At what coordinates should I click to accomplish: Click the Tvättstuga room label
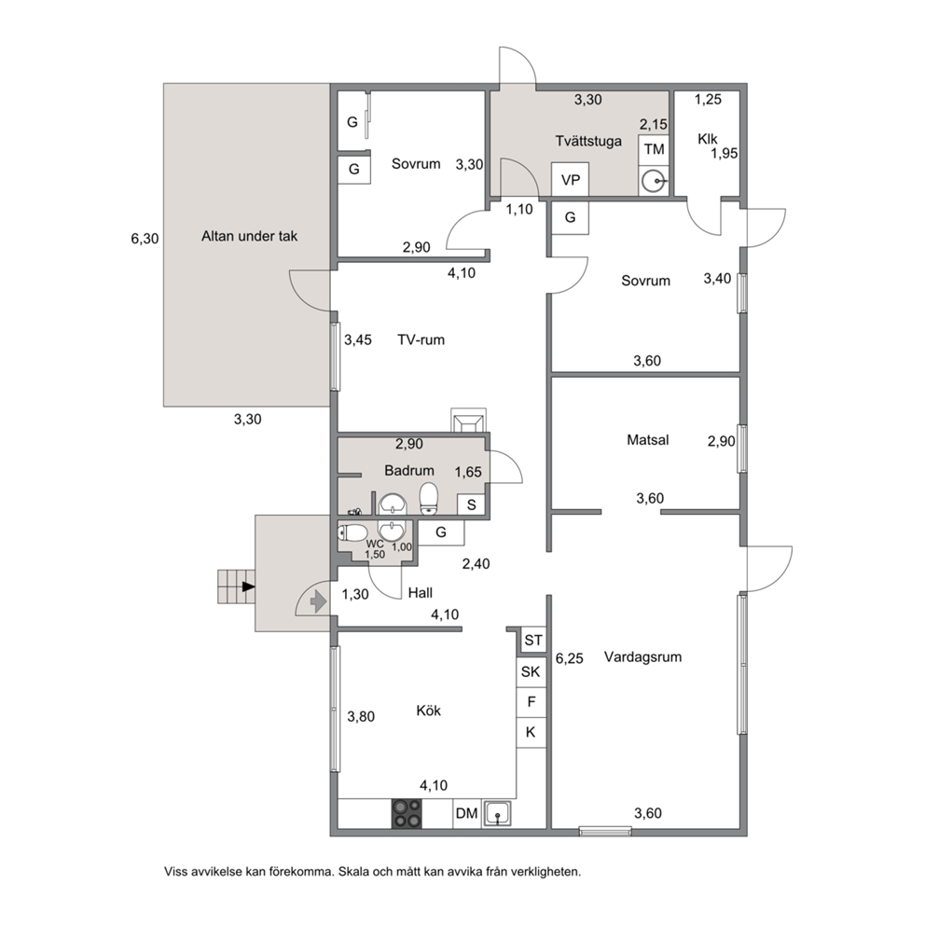pyautogui.click(x=588, y=142)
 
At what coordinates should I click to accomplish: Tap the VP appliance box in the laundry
pyautogui.click(x=570, y=179)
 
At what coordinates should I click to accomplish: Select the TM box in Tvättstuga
pyautogui.click(x=654, y=150)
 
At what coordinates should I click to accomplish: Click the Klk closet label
pyautogui.click(x=708, y=139)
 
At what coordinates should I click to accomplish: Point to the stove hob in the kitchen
pyautogui.click(x=407, y=813)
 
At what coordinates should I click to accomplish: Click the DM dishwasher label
pyautogui.click(x=466, y=813)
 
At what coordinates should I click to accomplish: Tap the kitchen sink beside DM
pyautogui.click(x=497, y=814)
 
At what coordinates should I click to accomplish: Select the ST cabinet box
pyautogui.click(x=532, y=641)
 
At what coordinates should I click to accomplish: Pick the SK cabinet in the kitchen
pyautogui.click(x=531, y=671)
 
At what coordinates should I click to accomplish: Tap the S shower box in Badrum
pyautogui.click(x=471, y=505)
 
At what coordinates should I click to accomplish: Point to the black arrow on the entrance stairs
pyautogui.click(x=248, y=587)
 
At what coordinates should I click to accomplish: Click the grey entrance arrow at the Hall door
pyautogui.click(x=318, y=601)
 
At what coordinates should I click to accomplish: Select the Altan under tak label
pyautogui.click(x=250, y=237)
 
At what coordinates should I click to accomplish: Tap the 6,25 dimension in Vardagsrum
pyautogui.click(x=570, y=659)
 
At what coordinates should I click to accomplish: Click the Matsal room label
pyautogui.click(x=648, y=440)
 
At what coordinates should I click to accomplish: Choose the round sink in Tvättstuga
pyautogui.click(x=653, y=181)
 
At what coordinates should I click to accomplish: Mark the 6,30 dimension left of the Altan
pyautogui.click(x=145, y=239)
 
